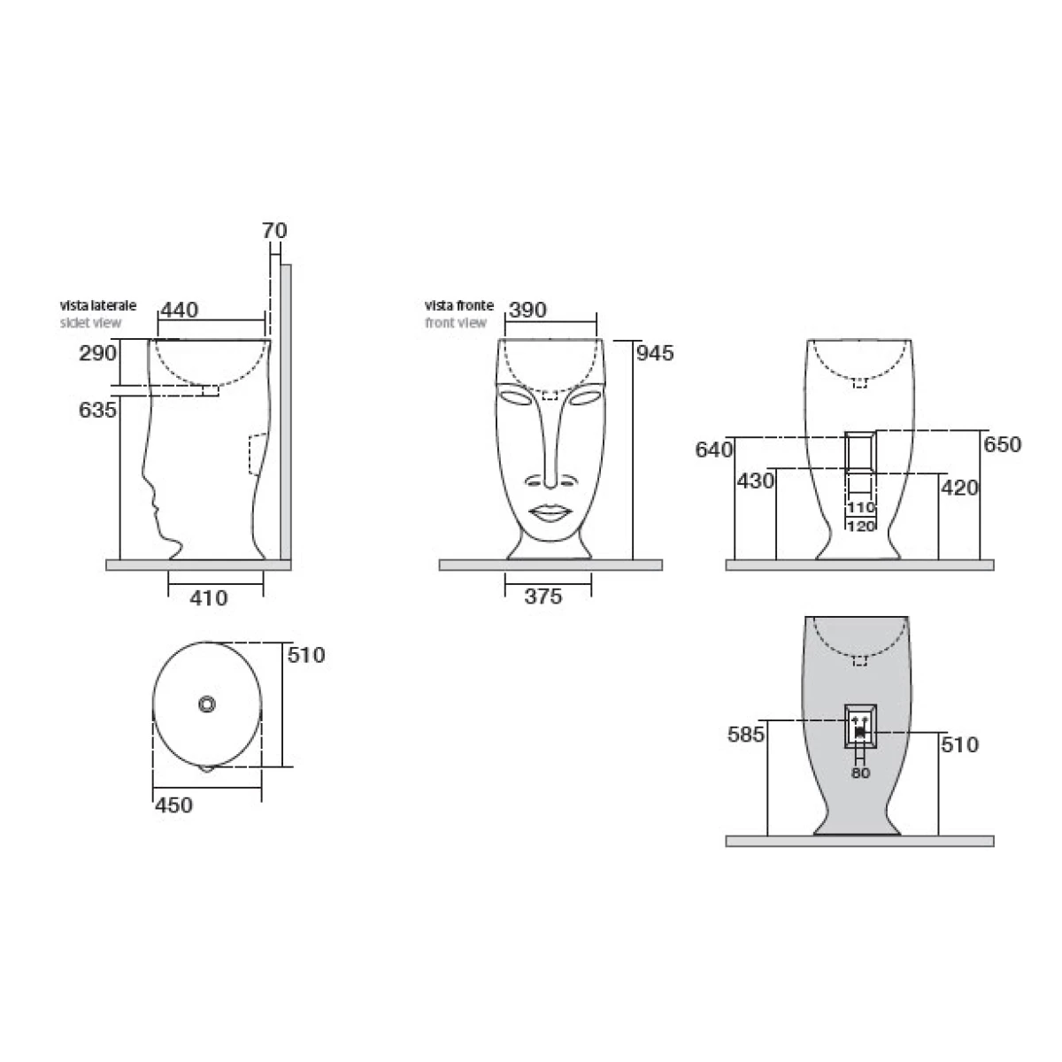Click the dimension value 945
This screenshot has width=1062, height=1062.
click(655, 353)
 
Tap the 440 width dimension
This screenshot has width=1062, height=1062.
click(179, 311)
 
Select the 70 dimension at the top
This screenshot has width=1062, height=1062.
click(274, 230)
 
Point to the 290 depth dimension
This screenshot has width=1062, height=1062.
click(97, 353)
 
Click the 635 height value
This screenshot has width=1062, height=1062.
click(97, 410)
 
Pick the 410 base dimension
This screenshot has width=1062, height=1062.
click(209, 598)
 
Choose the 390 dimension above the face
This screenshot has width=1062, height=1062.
click(528, 311)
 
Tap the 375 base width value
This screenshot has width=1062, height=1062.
click(543, 596)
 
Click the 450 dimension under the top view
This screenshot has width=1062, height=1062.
click(173, 805)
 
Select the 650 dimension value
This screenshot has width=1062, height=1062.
click(1003, 445)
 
